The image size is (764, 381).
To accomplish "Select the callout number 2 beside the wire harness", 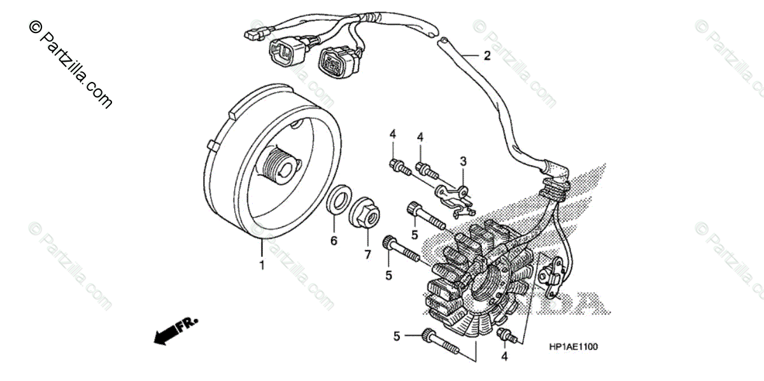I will (x=487, y=56).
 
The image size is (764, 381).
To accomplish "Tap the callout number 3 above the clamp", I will (x=463, y=161).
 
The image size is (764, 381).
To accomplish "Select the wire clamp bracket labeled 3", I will (x=455, y=193).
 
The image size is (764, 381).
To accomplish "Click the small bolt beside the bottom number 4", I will (x=506, y=335).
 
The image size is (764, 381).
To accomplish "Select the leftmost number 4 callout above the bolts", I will (x=393, y=134).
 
